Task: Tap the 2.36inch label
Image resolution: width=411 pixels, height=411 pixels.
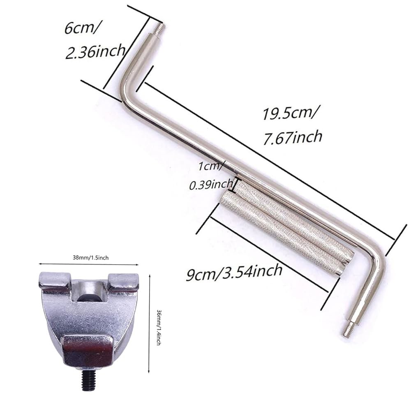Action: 95,51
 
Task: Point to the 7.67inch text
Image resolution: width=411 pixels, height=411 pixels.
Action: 293,137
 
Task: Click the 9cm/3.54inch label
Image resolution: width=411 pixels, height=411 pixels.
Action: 234,272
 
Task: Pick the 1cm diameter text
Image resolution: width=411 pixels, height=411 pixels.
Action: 210,166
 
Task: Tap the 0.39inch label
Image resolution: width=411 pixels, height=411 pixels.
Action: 211,185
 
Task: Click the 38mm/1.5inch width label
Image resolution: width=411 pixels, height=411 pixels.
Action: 90,258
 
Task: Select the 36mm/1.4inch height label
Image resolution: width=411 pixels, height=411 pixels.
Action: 158,328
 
